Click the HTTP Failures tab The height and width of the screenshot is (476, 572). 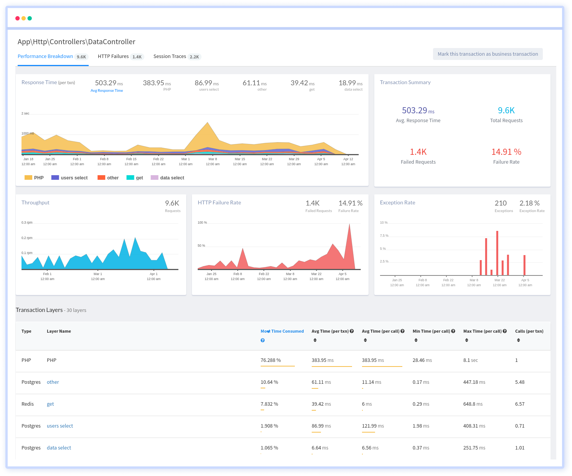[113, 56]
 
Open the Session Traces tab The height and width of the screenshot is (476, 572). [170, 56]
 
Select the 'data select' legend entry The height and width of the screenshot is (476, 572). [167, 178]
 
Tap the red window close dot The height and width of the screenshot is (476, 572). [17, 18]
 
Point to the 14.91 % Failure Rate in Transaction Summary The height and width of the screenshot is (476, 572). [506, 152]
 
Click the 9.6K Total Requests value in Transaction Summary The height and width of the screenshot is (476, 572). [506, 111]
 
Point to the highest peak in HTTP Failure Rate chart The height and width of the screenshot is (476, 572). [349, 224]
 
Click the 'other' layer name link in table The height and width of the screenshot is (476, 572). [53, 382]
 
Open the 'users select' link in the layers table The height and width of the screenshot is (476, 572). [60, 426]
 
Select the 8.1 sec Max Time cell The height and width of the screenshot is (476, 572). [470, 360]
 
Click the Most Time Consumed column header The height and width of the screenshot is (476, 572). [282, 331]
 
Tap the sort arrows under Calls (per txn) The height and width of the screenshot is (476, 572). [518, 340]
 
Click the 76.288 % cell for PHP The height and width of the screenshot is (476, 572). [271, 360]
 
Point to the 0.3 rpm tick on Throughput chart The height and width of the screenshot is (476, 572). [27, 223]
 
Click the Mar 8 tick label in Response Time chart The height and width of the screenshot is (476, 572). [213, 159]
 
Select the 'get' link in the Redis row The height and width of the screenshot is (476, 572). [50, 404]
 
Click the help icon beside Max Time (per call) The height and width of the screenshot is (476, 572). [505, 331]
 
